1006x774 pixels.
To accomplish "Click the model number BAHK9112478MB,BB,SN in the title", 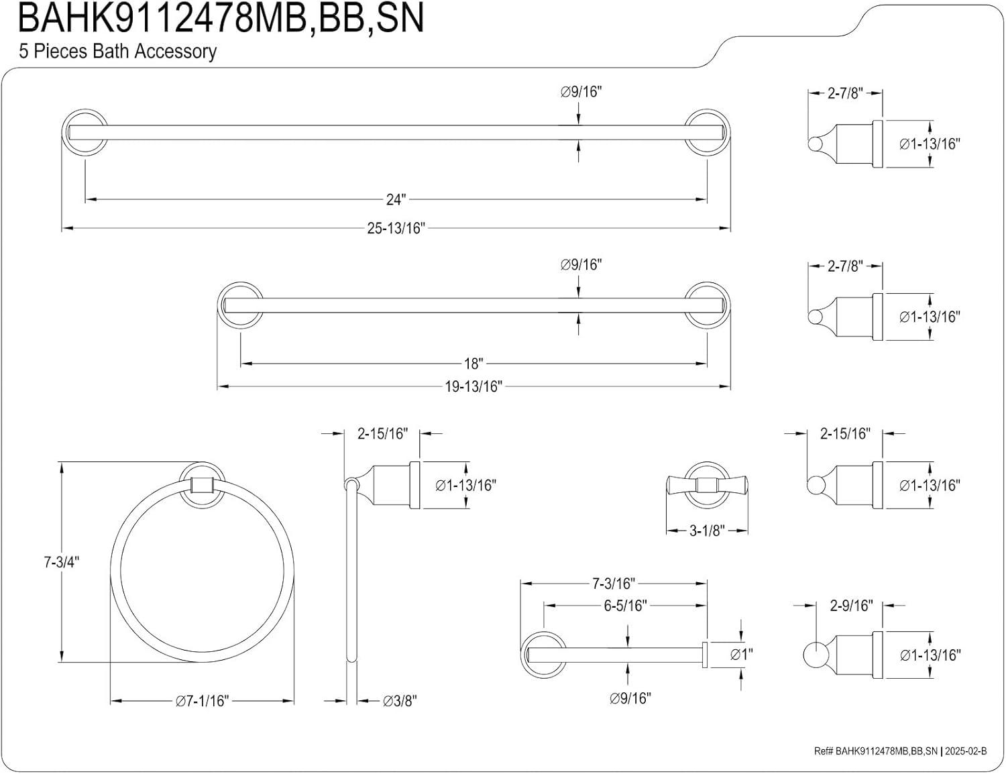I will [221, 18].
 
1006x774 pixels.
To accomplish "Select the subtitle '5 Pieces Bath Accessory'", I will [117, 52].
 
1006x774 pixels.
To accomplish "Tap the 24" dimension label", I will [396, 199].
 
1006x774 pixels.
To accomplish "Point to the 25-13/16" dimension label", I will [396, 228].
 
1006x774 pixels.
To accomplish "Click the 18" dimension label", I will [473, 364].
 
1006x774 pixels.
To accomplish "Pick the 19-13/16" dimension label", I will [473, 387].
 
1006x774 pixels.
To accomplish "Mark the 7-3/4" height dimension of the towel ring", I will [62, 562].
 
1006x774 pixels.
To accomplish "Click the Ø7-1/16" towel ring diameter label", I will [202, 701].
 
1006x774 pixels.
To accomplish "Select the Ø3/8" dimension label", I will [400, 701].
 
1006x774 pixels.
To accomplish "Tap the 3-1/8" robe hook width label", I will [708, 531].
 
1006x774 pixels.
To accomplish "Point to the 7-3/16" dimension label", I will [613, 584].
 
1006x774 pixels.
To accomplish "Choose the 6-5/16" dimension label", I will [624, 606].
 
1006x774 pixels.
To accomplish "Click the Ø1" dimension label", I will [741, 654].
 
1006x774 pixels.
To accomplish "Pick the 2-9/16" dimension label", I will [851, 606].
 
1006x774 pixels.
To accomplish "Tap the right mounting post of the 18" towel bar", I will [708, 305].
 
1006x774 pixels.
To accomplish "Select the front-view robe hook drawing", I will [708, 485].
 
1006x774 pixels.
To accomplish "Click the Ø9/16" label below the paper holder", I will [630, 698].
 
